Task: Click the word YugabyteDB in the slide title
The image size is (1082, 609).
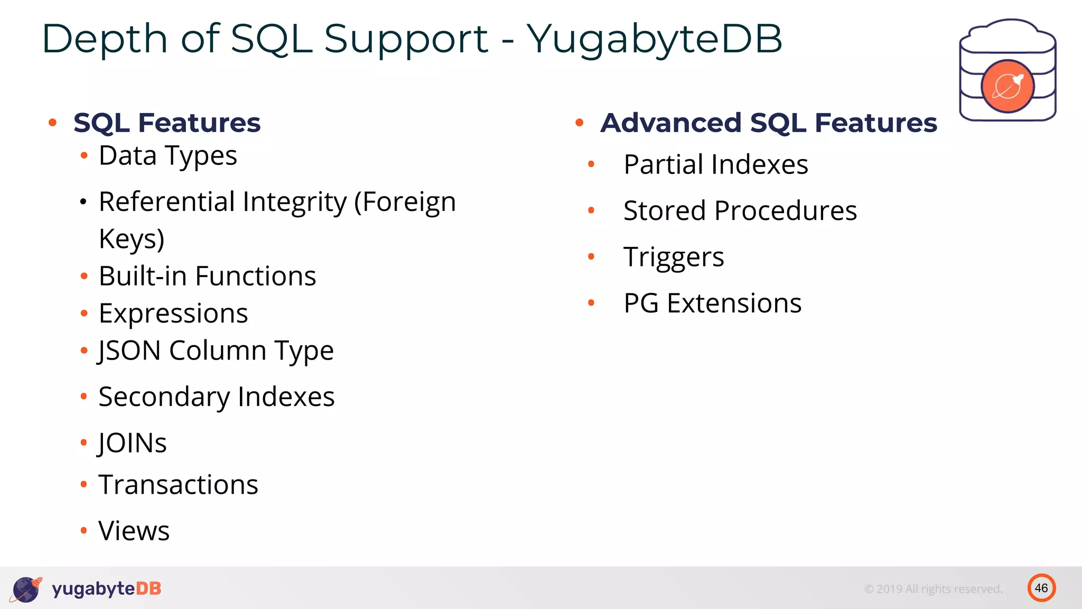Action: click(x=654, y=39)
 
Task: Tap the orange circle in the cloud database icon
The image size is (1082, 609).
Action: click(x=1007, y=87)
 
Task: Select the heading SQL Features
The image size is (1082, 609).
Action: click(x=167, y=123)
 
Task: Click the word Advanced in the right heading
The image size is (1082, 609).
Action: click(x=670, y=123)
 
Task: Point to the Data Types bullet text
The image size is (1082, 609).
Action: click(x=168, y=156)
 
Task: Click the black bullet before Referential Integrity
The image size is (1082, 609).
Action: click(x=83, y=202)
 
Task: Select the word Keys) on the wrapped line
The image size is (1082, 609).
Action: click(x=132, y=239)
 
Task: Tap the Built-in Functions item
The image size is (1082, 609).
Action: click(x=207, y=276)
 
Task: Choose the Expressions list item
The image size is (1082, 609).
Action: click(x=173, y=313)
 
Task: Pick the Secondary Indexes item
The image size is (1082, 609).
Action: click(x=217, y=397)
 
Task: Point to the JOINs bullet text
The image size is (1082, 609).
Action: click(x=133, y=443)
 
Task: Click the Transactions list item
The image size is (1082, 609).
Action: click(x=179, y=485)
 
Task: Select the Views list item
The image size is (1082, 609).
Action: click(x=134, y=531)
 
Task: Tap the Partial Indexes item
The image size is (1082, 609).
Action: click(x=716, y=164)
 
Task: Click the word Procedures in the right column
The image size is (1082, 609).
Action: click(x=785, y=211)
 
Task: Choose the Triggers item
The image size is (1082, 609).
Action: click(x=674, y=257)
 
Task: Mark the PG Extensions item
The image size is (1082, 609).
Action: click(x=713, y=303)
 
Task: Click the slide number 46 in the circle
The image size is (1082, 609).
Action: click(x=1041, y=588)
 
